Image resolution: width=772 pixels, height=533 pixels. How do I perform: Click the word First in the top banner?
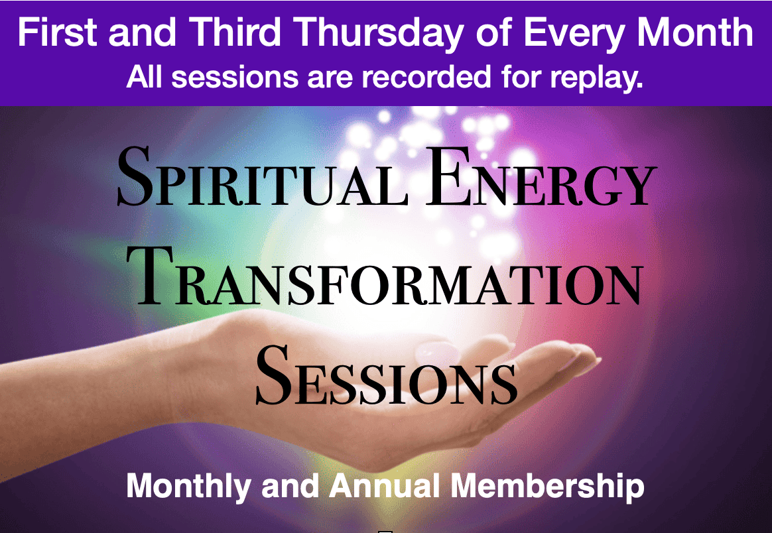[57, 32]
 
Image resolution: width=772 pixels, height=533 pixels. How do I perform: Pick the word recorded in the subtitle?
[427, 77]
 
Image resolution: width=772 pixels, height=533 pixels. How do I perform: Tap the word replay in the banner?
[596, 79]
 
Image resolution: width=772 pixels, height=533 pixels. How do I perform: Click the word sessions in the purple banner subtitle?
[234, 78]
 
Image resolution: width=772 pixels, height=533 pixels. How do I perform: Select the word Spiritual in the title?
[263, 177]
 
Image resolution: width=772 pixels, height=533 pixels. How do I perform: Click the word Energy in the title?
[541, 177]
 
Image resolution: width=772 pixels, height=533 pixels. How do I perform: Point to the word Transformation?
[385, 276]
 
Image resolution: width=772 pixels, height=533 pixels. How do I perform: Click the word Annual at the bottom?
[384, 485]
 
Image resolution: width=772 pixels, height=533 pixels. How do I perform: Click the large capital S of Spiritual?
[135, 177]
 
